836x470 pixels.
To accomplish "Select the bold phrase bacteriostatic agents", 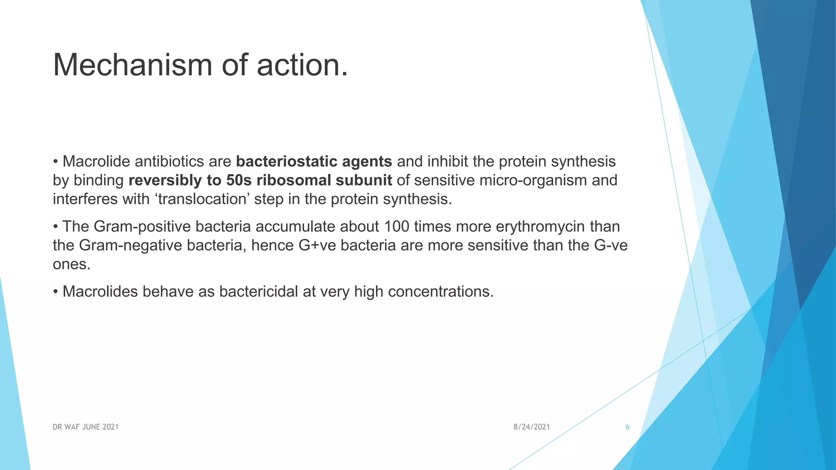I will coord(314,162).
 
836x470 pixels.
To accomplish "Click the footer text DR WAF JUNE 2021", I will coord(85,427).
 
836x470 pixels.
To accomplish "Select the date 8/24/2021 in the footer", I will coord(531,427).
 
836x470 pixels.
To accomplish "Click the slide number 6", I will coord(627,427).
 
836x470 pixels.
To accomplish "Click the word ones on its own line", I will coord(71,264).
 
